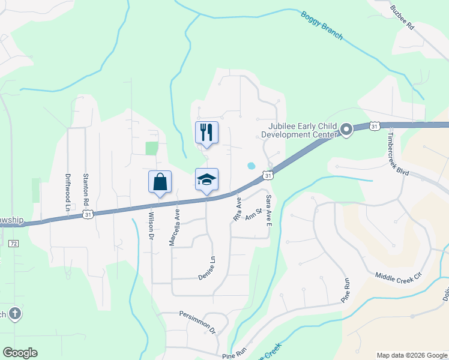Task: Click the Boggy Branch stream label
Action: [x=322, y=26]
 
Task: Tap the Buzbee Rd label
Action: [x=402, y=18]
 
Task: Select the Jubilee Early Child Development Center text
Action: [x=301, y=130]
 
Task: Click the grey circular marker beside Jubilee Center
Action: [x=346, y=130]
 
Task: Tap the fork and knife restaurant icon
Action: [x=206, y=132]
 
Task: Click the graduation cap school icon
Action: [x=206, y=179]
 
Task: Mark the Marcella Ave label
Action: [x=174, y=227]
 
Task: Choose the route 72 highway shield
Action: [x=13, y=243]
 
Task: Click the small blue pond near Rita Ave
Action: [x=251, y=166]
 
